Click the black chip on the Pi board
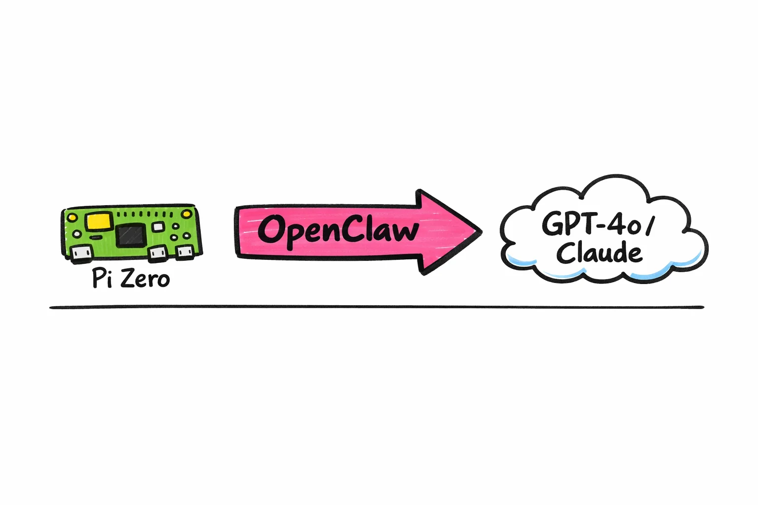131,235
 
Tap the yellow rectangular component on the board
99,221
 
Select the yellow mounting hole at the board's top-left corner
72,216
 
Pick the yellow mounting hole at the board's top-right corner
187,214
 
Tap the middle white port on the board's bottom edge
158,253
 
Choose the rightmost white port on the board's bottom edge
185,252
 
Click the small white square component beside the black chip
158,226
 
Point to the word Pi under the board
102,279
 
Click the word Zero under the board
145,279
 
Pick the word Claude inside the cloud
599,253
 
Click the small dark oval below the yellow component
97,237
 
